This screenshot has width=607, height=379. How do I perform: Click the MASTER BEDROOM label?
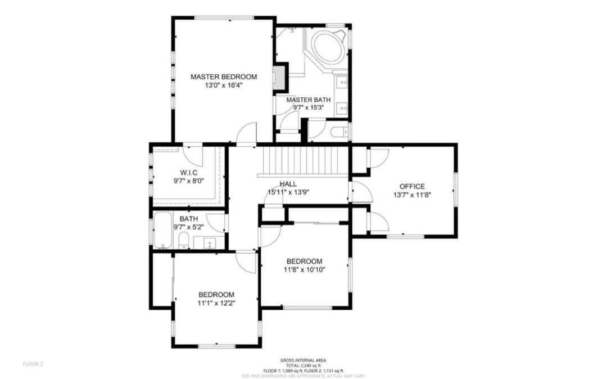pyautogui.click(x=223, y=76)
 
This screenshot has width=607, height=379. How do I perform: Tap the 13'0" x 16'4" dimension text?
pyautogui.click(x=223, y=85)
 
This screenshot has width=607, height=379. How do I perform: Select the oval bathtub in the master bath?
pyautogui.click(x=328, y=48)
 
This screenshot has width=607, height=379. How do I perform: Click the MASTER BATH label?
pyautogui.click(x=308, y=100)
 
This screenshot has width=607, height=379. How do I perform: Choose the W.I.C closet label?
pyautogui.click(x=188, y=172)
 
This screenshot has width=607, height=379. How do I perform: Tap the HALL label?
pyautogui.click(x=288, y=184)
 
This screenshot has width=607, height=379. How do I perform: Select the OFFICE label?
pyautogui.click(x=412, y=186)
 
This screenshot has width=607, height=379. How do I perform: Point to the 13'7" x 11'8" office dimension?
pyautogui.click(x=412, y=195)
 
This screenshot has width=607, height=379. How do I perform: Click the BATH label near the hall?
pyautogui.click(x=188, y=219)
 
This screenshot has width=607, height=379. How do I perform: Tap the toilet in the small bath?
pyautogui.click(x=183, y=241)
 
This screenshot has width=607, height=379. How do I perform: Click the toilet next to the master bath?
pyautogui.click(x=339, y=132)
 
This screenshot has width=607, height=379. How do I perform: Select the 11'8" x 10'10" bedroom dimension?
pyautogui.click(x=304, y=269)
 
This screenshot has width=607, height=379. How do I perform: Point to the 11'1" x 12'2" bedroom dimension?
pyautogui.click(x=216, y=303)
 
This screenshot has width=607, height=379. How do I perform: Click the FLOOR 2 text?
pyautogui.click(x=33, y=364)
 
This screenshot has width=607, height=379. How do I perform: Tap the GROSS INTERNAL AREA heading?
pyautogui.click(x=303, y=360)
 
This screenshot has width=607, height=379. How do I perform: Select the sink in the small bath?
pyautogui.click(x=210, y=243)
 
